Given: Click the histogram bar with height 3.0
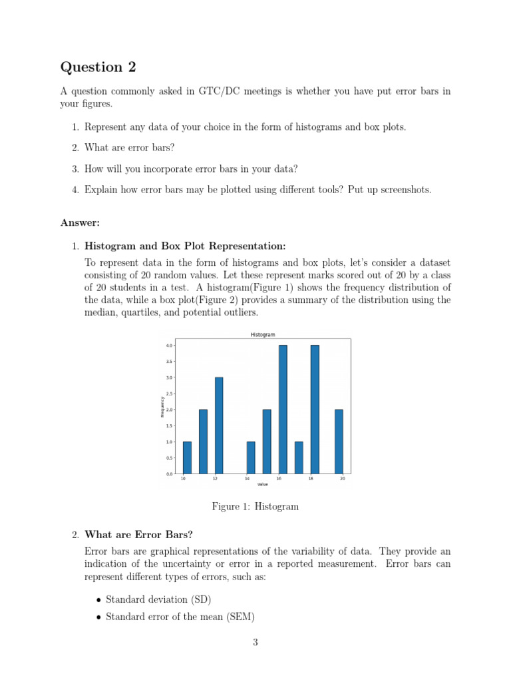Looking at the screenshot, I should [219, 425].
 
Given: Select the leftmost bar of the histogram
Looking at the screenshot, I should [187, 457].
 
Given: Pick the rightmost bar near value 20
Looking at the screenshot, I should [339, 441].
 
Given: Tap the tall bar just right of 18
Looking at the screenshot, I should [315, 409].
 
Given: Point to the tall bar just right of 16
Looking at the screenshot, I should [283, 409].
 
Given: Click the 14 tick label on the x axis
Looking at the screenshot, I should [247, 479].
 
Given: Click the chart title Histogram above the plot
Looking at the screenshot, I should [263, 334].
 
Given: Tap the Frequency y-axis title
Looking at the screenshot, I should [162, 407].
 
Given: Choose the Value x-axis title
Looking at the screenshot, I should [263, 484].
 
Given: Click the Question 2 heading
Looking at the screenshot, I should [91, 67].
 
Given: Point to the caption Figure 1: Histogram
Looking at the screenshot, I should [255, 507].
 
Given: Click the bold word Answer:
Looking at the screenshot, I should [80, 222].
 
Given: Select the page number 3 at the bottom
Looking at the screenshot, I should [255, 642].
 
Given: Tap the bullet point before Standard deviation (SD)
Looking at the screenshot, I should [98, 600].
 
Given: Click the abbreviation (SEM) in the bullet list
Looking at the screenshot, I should [241, 617].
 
